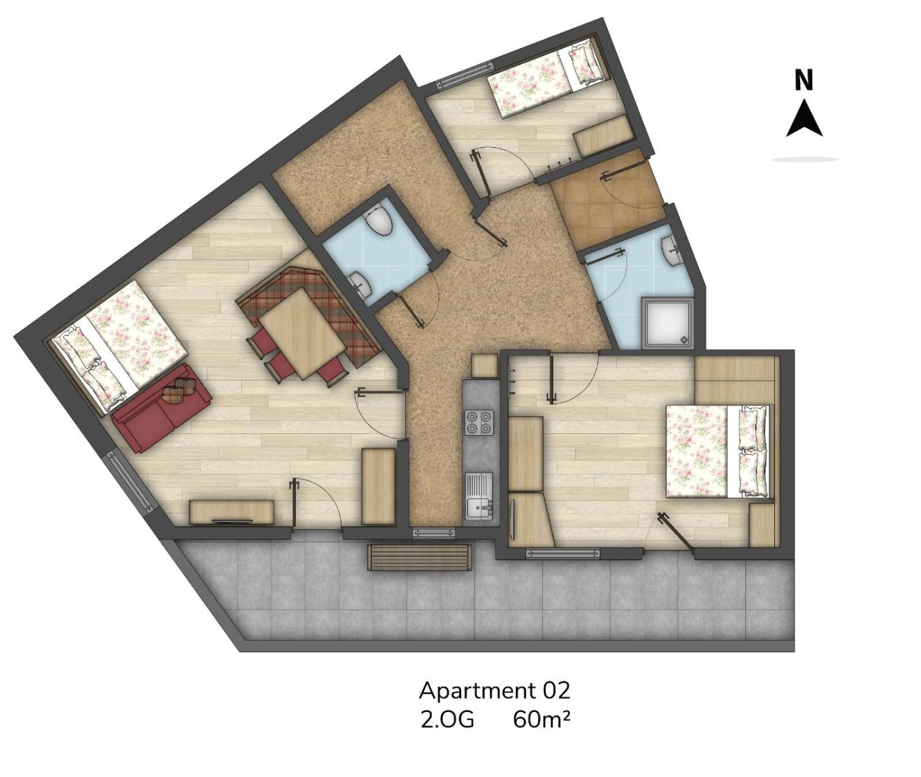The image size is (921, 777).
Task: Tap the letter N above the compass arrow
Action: click(804, 80)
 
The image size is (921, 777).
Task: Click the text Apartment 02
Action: click(494, 690)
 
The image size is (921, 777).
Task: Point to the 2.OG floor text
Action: click(447, 720)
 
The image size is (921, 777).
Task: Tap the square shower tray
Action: click(668, 323)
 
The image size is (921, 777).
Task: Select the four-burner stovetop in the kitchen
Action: click(479, 422)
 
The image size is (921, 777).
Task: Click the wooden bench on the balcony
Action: click(420, 557)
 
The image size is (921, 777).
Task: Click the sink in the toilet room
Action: click(360, 283)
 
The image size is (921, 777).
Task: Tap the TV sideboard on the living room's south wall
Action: click(231, 512)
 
